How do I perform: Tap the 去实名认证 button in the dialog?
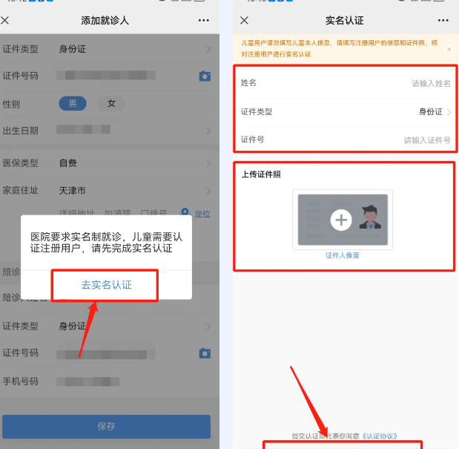(x=106, y=285)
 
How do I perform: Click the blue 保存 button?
(x=106, y=426)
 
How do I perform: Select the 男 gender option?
(x=73, y=103)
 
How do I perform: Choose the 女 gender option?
(x=111, y=103)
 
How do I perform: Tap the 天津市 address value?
(x=72, y=190)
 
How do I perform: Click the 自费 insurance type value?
(x=67, y=163)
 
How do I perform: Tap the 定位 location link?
(x=202, y=214)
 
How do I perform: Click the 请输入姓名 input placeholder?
(x=431, y=84)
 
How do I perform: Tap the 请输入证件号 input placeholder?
(x=427, y=140)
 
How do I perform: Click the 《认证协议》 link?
(x=380, y=436)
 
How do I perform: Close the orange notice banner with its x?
(x=449, y=49)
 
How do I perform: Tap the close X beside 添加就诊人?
(x=5, y=20)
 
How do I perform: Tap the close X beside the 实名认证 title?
(x=245, y=20)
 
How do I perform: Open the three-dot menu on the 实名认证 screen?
(x=443, y=20)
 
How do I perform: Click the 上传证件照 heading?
(x=261, y=174)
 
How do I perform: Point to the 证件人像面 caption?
(x=343, y=255)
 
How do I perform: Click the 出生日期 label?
(x=20, y=131)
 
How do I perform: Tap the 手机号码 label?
(x=20, y=381)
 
